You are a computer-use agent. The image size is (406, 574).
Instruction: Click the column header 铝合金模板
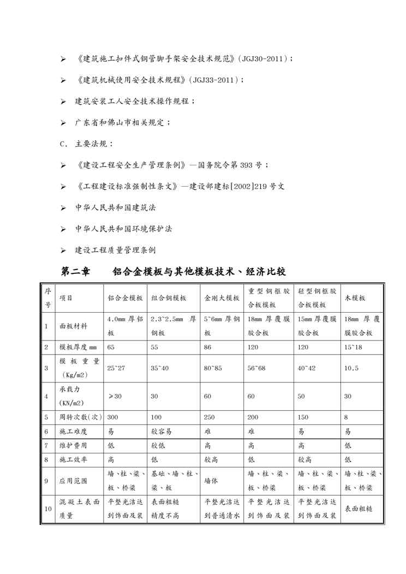pos(125,298)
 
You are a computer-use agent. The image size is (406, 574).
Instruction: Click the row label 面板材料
pos(73,326)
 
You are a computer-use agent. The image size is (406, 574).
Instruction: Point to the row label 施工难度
pos(73,431)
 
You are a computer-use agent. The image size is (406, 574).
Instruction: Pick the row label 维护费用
pos(73,445)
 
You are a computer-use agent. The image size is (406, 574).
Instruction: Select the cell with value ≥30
pos(115,396)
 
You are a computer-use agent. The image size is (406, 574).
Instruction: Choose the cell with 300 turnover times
pos(113,417)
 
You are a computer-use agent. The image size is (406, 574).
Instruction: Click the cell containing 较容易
pos(162,431)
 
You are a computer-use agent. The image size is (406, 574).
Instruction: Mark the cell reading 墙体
pos(212,481)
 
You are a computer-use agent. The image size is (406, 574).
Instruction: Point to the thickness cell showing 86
pos(208,347)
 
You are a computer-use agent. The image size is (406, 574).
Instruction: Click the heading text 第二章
pos(76,271)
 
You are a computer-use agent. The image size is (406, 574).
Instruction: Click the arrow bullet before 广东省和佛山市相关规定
pos(63,123)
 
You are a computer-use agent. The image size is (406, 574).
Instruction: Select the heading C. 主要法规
pos(86,144)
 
